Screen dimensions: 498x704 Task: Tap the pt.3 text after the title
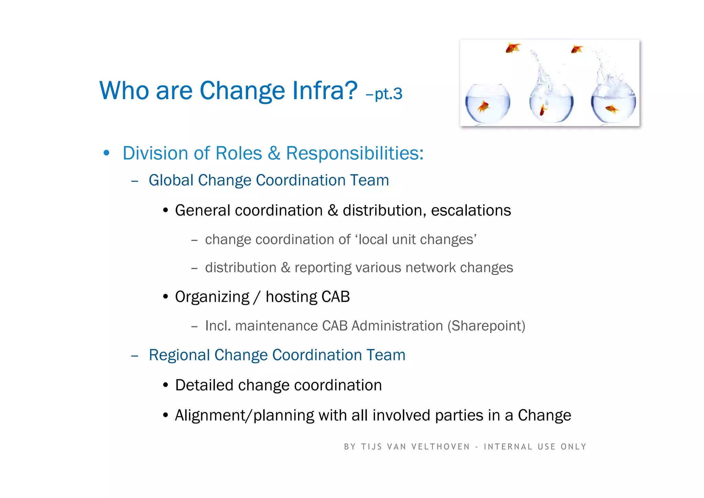click(x=388, y=94)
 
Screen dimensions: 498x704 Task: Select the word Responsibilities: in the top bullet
click(x=355, y=153)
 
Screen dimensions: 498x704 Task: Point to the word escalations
click(x=471, y=210)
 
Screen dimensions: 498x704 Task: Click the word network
click(x=430, y=268)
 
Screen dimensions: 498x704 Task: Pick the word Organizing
click(x=212, y=297)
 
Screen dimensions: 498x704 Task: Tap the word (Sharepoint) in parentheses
click(x=486, y=326)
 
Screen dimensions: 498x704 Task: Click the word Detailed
click(x=204, y=385)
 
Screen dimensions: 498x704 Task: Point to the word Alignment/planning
click(x=244, y=415)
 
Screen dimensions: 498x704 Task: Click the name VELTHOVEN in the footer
click(x=441, y=447)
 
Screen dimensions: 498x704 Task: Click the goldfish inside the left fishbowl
click(x=484, y=107)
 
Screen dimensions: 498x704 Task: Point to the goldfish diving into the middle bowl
click(x=543, y=110)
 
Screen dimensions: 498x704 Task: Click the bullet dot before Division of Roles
click(x=107, y=153)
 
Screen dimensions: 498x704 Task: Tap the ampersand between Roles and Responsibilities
click(x=274, y=153)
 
